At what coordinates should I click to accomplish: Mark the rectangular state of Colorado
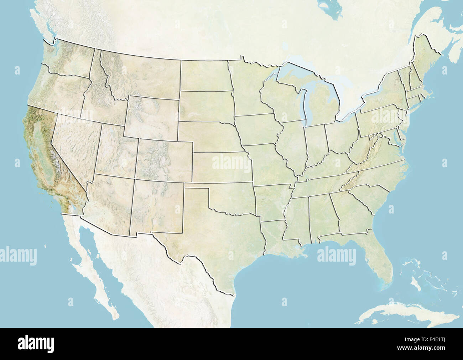[x=165, y=160]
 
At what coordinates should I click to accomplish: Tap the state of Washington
[x=68, y=61]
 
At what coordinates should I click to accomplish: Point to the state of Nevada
[x=77, y=143]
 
